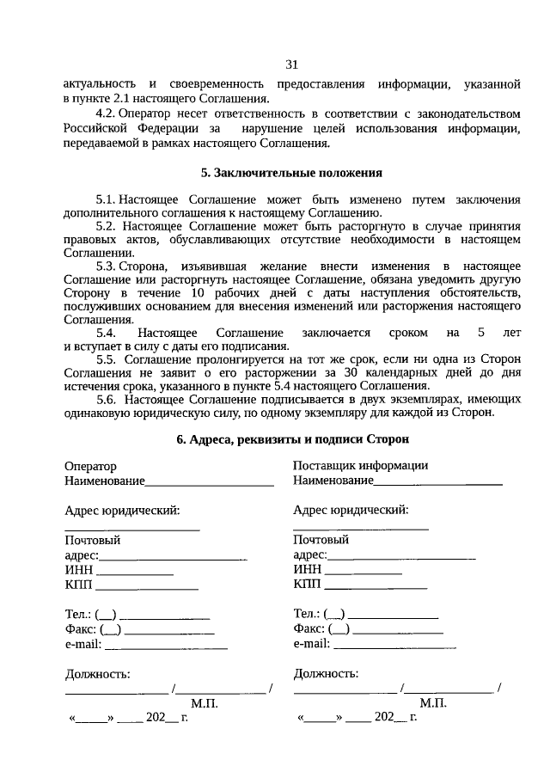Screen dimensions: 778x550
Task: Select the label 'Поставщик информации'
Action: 360,466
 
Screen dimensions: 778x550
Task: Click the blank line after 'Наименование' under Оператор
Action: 210,483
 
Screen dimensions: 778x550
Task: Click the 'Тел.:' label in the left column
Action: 78,614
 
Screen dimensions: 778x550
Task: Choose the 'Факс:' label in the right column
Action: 309,628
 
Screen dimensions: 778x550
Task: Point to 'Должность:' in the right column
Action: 326,673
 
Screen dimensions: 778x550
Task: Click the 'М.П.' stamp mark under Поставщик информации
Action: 433,702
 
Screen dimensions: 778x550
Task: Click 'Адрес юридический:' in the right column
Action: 351,511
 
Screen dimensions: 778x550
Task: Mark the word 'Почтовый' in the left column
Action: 92,541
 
